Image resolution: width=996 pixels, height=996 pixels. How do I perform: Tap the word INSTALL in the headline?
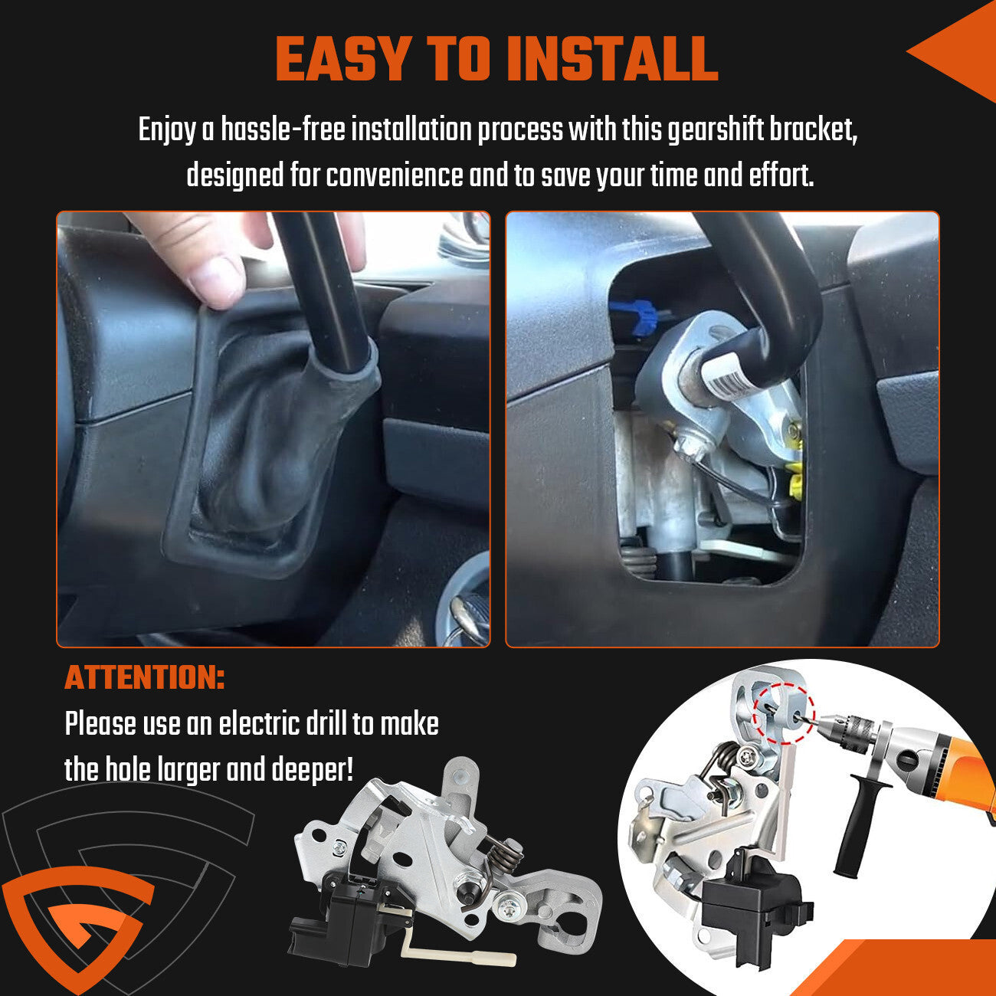click(x=613, y=59)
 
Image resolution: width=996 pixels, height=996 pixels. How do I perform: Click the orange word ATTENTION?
click(x=145, y=677)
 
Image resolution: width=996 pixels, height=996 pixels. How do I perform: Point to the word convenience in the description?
click(x=395, y=175)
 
